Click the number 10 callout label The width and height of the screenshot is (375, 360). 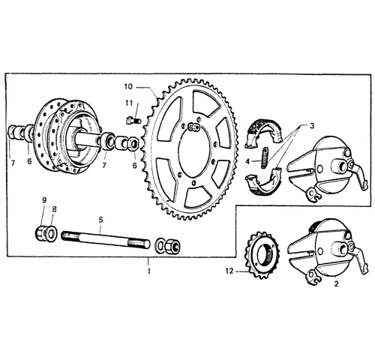tap(128, 87)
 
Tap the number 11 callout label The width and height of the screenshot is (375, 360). tap(129, 103)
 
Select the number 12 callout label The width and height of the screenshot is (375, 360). tap(229, 271)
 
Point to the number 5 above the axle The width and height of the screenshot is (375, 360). tap(100, 220)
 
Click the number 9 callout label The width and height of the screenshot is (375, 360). tap(44, 200)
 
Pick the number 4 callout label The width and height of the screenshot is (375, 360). tap(247, 161)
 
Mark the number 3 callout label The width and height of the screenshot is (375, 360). tap(312, 126)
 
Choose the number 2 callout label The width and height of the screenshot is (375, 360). tap(336, 283)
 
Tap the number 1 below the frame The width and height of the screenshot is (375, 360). tap(149, 271)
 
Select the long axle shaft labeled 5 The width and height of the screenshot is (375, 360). tap(106, 239)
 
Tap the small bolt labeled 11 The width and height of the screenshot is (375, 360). tap(133, 121)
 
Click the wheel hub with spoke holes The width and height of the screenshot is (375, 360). tap(66, 136)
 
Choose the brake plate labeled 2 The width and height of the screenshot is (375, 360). tap(328, 253)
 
